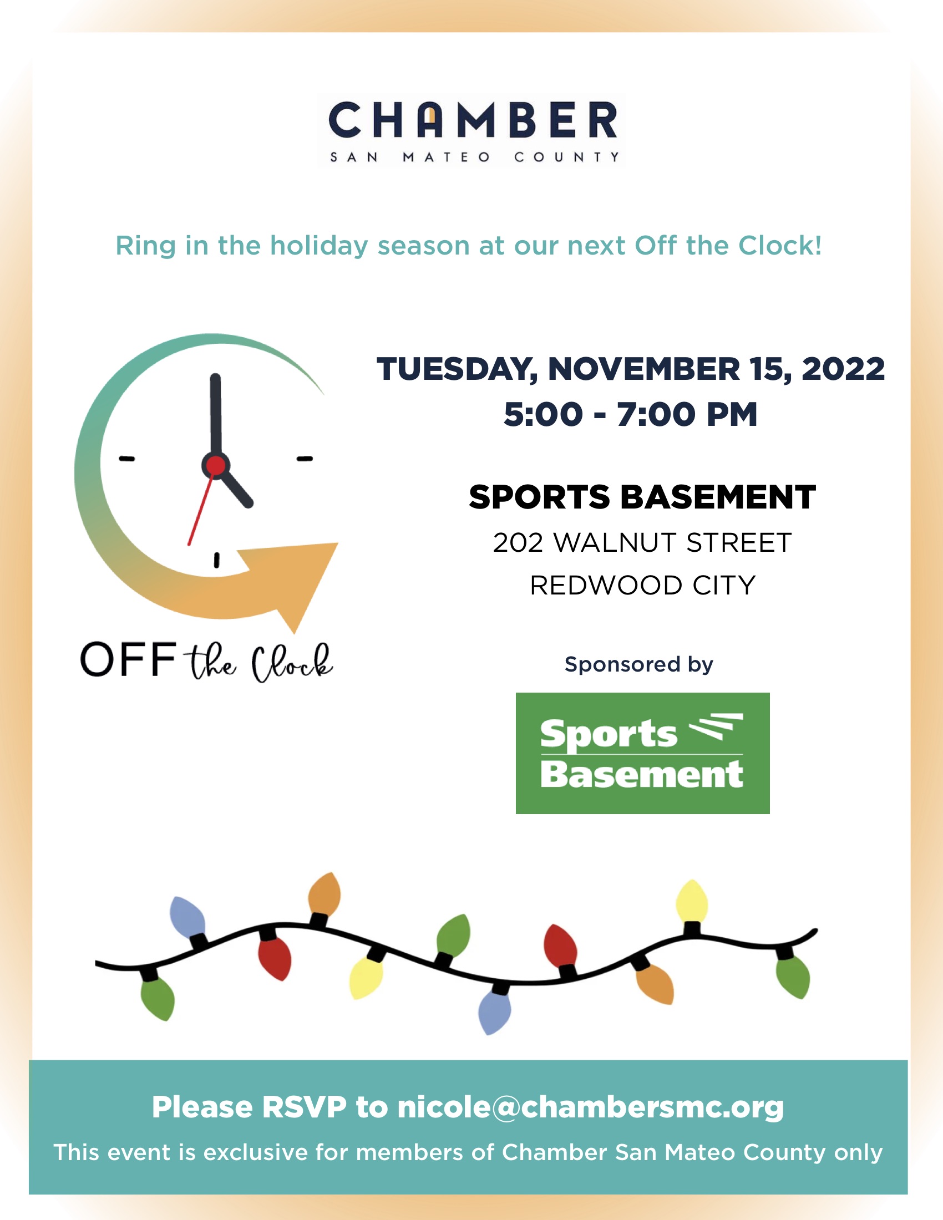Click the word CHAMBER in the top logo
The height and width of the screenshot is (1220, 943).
(x=473, y=120)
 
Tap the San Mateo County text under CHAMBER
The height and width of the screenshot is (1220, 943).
(x=475, y=157)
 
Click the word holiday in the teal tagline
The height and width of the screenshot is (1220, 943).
(x=319, y=246)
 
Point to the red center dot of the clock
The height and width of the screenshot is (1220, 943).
(x=216, y=465)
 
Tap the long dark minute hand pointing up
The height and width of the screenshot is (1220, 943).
(x=216, y=416)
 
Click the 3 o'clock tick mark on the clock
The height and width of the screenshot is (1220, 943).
(x=305, y=459)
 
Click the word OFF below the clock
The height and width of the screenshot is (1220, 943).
(x=128, y=660)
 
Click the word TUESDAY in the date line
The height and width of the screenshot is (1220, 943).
(x=458, y=370)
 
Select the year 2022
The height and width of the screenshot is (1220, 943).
(x=843, y=369)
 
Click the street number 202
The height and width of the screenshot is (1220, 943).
(x=518, y=543)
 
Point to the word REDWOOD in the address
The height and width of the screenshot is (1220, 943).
(x=606, y=586)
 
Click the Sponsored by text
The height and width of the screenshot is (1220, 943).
(x=638, y=665)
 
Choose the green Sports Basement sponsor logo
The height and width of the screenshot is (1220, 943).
(x=642, y=754)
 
